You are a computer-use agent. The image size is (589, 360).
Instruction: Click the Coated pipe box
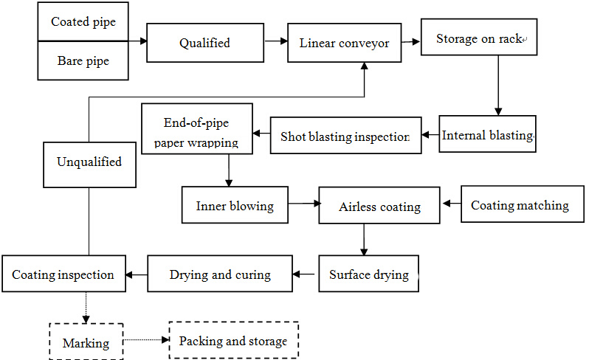[x=83, y=22]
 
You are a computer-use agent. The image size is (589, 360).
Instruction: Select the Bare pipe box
[x=83, y=60]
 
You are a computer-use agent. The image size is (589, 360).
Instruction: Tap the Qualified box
[x=204, y=43]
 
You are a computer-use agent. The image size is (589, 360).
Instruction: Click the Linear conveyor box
[x=344, y=43]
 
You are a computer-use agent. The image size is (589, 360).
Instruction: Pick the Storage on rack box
[x=478, y=38]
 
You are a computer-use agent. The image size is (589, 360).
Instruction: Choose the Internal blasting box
[x=487, y=134]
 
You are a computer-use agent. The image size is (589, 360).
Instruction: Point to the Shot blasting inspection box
[x=345, y=136]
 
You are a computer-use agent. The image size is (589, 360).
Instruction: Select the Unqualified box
[x=89, y=162]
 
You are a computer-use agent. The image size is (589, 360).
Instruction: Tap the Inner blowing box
[x=235, y=205]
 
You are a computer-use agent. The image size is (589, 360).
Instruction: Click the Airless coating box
[x=379, y=206]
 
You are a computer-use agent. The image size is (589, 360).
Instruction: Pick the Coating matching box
[x=520, y=205]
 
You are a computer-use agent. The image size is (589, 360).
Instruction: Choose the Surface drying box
[x=368, y=274]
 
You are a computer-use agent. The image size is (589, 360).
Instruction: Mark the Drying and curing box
[x=220, y=274]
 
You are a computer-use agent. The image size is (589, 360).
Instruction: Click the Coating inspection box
[x=63, y=274]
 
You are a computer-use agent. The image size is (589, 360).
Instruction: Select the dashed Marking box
[x=86, y=342]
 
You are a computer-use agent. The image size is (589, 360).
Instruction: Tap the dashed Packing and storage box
[x=233, y=341]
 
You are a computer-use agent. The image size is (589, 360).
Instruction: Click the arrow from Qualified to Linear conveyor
[x=275, y=42]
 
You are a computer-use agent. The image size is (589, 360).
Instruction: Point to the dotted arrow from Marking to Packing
[x=145, y=340]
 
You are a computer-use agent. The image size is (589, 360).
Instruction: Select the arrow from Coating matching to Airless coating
[x=451, y=203]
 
